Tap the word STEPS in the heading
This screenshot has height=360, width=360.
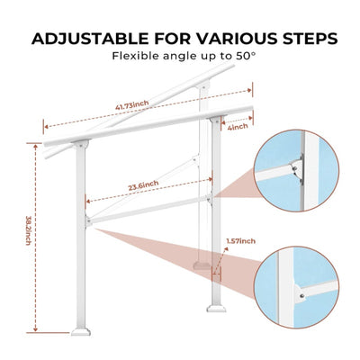(301, 39)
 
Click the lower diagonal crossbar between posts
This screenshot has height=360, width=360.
(148, 210)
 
